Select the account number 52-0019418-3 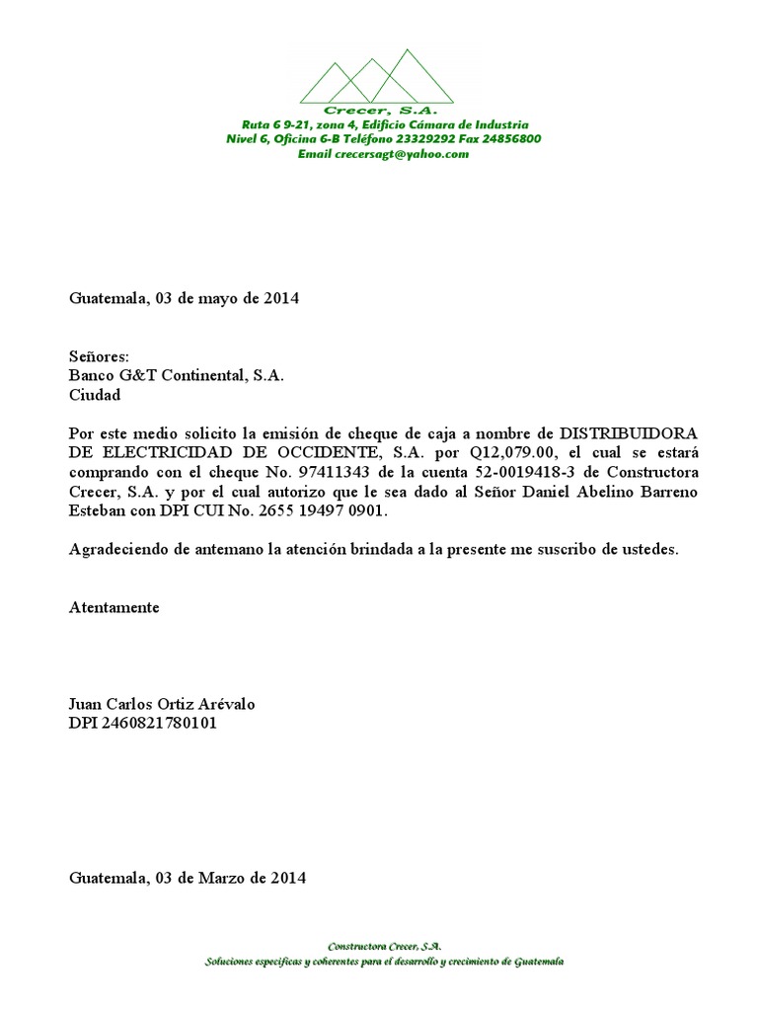click(519, 472)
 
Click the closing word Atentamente click(114, 607)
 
